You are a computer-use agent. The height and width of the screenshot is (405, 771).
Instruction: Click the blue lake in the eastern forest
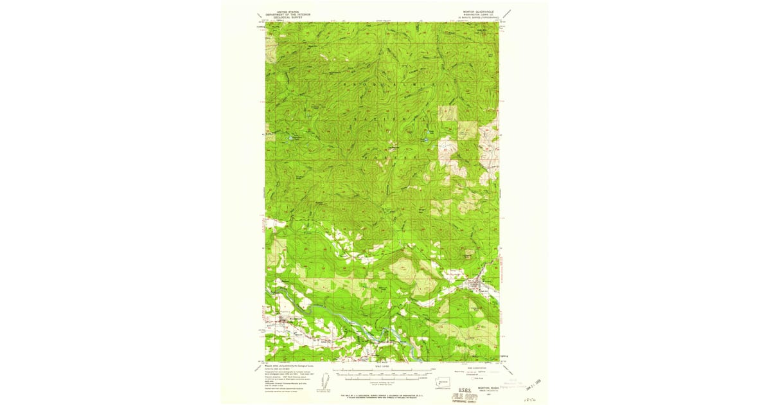pyautogui.click(x=425, y=139)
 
